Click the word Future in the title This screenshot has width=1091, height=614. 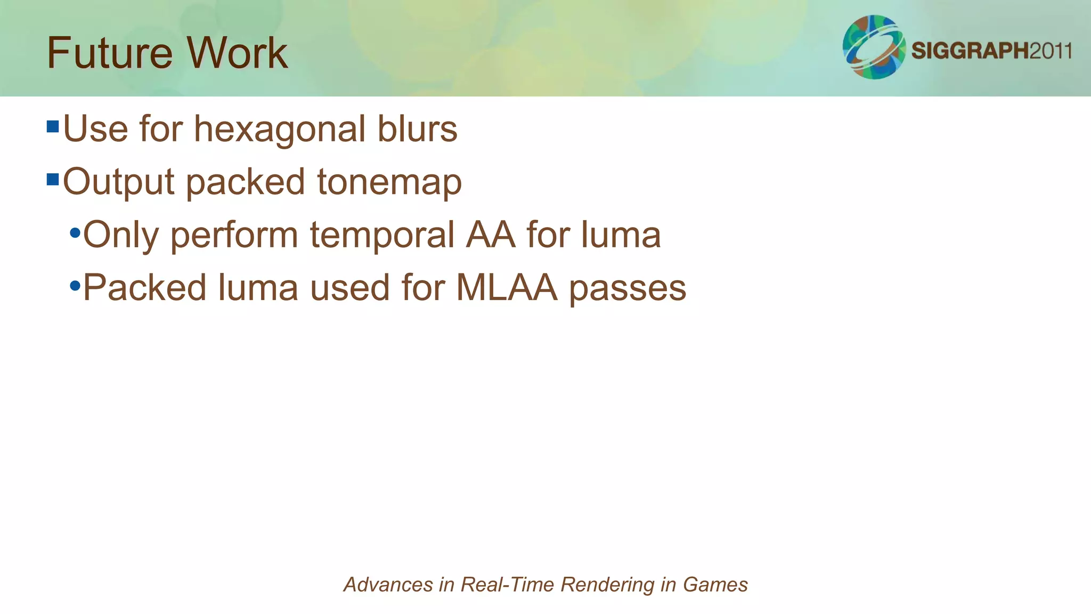point(109,53)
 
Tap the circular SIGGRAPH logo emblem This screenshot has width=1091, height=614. point(874,47)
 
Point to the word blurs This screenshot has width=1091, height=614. point(417,130)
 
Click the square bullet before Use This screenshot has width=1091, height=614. point(52,127)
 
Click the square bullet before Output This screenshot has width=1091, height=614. point(52,179)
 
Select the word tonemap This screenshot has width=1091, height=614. point(389,182)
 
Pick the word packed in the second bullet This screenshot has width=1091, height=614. point(246,182)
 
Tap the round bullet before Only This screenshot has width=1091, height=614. point(75,233)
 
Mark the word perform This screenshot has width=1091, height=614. point(234,235)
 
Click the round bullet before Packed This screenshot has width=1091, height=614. point(75,286)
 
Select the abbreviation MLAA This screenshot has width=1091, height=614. point(507,288)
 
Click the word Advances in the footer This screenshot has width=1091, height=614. point(388,585)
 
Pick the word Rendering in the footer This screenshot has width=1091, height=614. point(608,585)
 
